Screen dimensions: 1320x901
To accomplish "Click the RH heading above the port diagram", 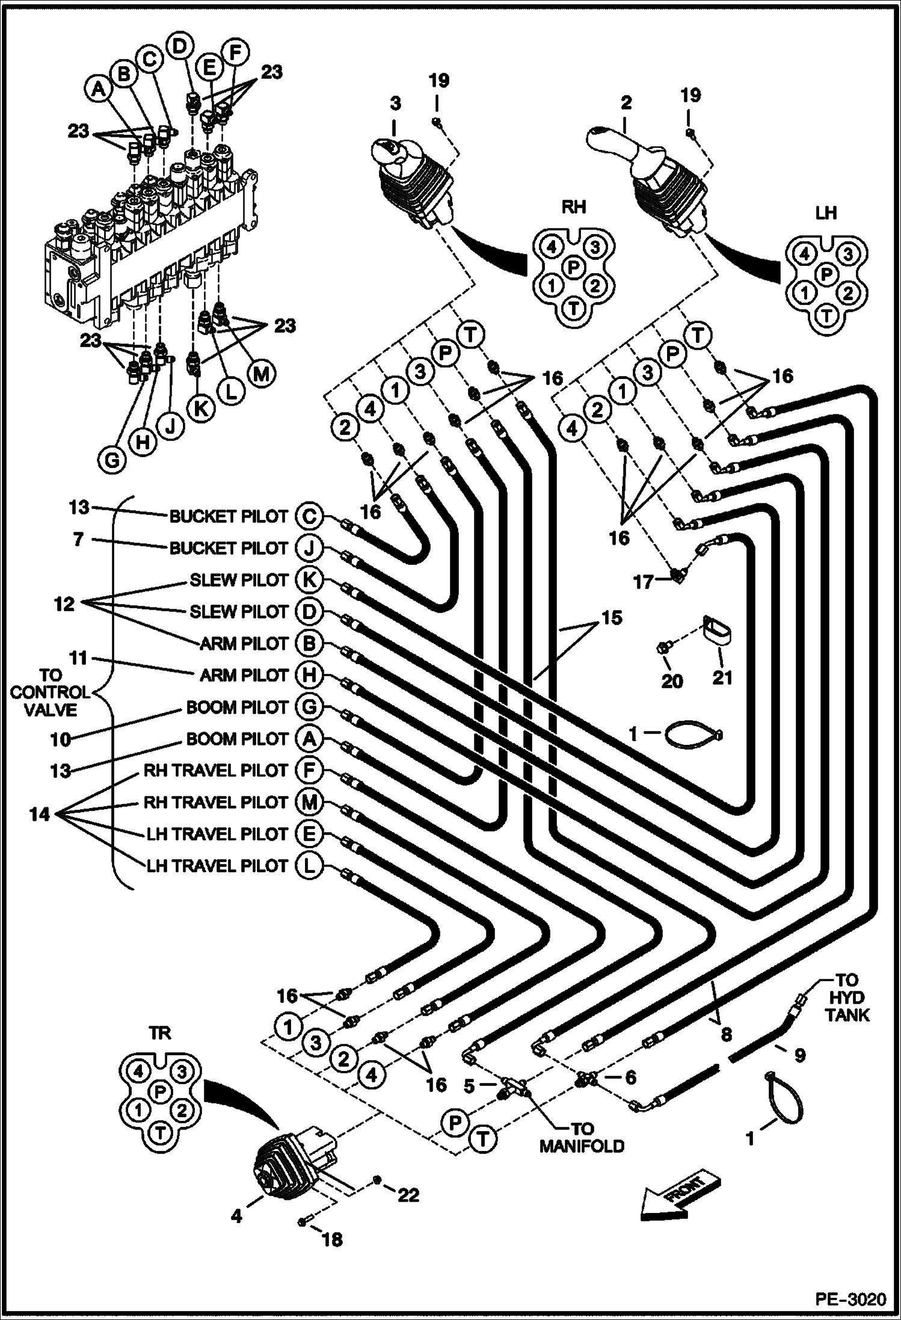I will (x=573, y=208).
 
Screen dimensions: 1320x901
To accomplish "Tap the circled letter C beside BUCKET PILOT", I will (x=309, y=516).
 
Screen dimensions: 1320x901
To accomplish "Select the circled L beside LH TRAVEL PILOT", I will (x=309, y=866).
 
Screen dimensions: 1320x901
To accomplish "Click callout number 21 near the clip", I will (x=722, y=678).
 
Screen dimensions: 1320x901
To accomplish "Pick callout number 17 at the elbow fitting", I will (x=644, y=582).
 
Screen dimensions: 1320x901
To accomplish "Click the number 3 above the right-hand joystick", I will (x=395, y=103).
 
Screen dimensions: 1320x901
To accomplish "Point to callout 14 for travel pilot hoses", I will (x=40, y=815).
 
